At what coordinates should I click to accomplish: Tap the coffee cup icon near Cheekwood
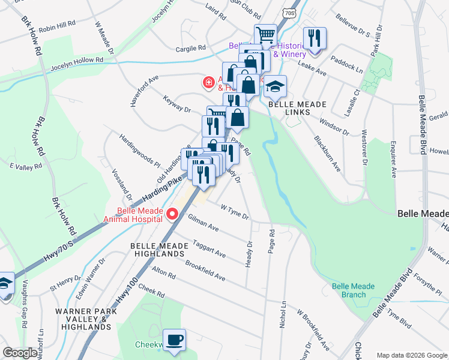(175, 340)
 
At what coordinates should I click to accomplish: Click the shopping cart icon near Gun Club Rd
(265, 35)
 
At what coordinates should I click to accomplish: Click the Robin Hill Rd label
(57, 24)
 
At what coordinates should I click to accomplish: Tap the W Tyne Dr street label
(235, 212)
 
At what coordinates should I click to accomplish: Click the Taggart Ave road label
(209, 250)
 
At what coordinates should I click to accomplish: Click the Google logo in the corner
(19, 353)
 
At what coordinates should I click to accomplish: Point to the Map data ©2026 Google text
(412, 355)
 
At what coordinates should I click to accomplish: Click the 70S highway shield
(291, 12)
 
